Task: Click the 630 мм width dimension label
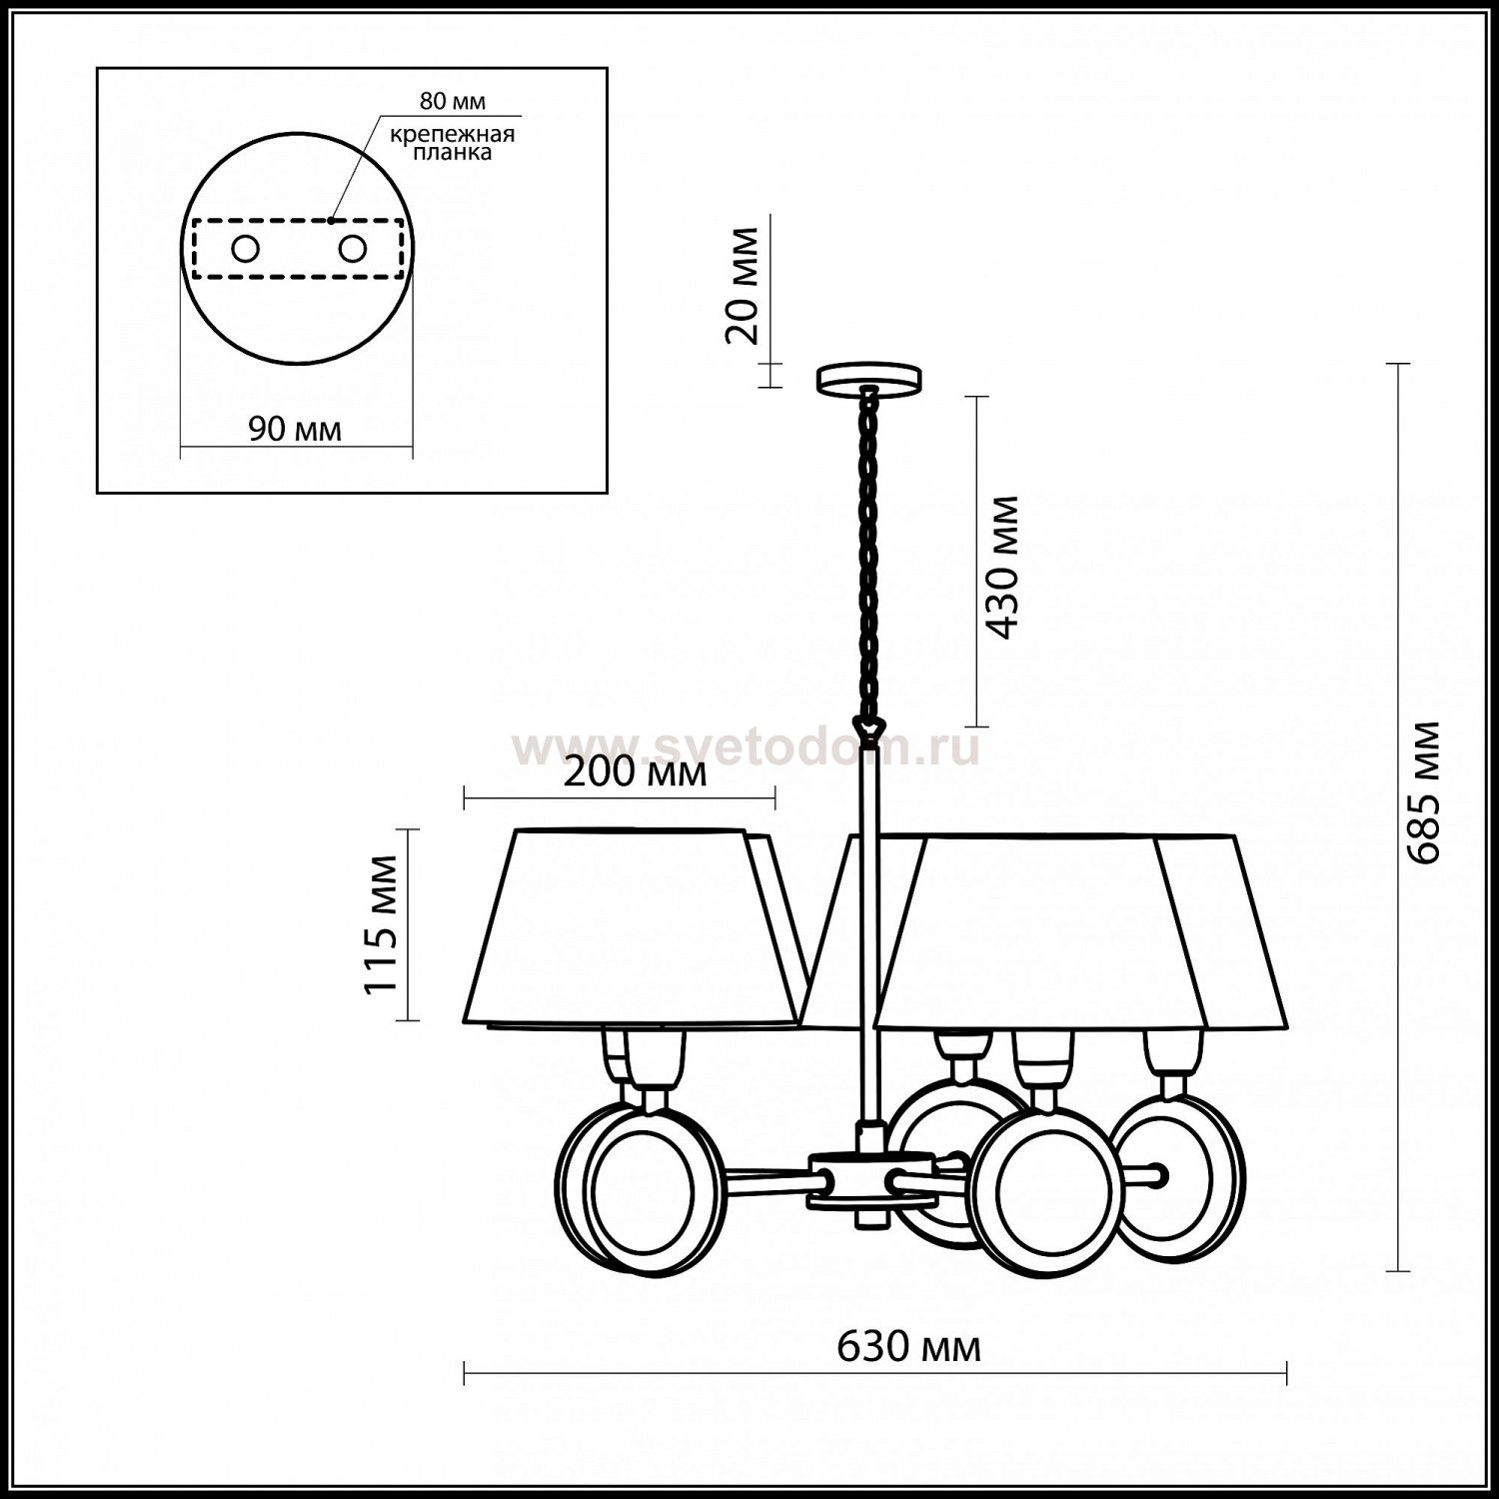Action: click(907, 1348)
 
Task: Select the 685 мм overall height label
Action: click(1423, 791)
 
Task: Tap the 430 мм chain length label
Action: click(1001, 567)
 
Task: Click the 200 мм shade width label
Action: click(636, 772)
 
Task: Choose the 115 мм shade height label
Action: click(381, 924)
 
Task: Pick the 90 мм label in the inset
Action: click(294, 430)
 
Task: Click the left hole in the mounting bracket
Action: click(245, 249)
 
